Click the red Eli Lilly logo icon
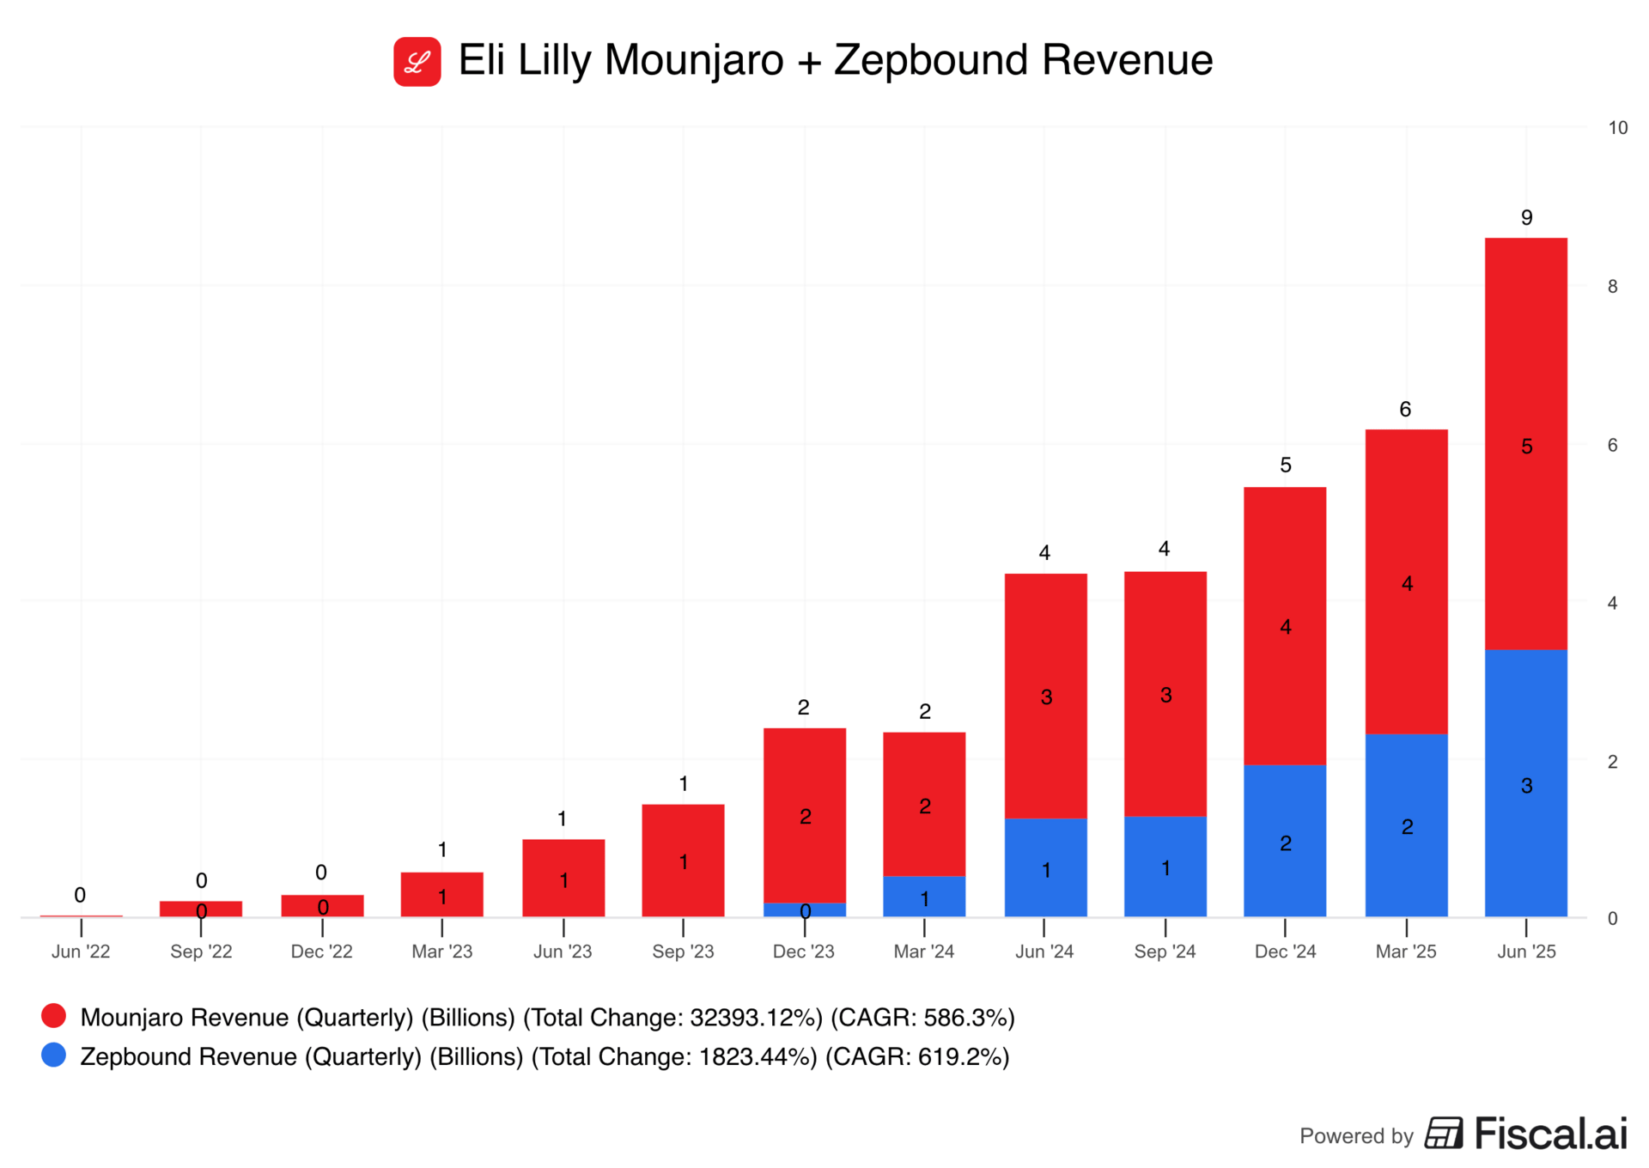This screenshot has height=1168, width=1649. point(417,62)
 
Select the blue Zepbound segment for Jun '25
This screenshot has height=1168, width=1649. point(1525,783)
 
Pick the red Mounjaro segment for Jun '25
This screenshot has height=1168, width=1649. point(1525,443)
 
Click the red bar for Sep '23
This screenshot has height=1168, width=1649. point(683,861)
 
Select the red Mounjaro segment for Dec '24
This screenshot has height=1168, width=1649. point(1285,625)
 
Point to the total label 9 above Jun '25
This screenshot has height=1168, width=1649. point(1526,217)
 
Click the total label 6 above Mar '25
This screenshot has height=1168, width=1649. point(1405,409)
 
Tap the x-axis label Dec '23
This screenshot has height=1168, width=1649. point(803,952)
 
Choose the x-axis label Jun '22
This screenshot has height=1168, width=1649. point(81,952)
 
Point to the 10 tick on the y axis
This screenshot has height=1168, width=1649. point(1617,128)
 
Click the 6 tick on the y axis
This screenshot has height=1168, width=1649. point(1612,445)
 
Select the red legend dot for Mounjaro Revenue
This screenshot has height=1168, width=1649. point(54,1016)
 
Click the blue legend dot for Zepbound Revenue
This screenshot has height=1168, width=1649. point(54,1055)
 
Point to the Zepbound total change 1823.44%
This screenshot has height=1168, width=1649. point(757,1056)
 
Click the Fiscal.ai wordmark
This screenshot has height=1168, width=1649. point(1550,1134)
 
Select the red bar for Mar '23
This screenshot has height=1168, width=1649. point(441,894)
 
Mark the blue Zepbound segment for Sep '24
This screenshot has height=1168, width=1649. point(1165,866)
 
